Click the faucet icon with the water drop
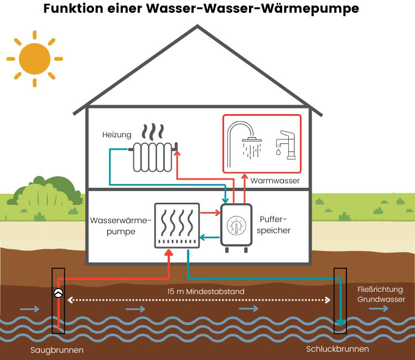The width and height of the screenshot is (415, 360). click(x=285, y=145)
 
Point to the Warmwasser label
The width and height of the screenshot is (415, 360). click(x=275, y=181)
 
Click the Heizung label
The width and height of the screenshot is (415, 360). click(x=117, y=135)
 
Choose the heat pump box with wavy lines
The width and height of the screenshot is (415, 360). click(x=175, y=225)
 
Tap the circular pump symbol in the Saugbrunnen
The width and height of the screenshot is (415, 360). click(x=58, y=294)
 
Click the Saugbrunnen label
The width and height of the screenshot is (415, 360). click(x=58, y=350)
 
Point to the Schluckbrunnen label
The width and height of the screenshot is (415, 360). click(x=338, y=349)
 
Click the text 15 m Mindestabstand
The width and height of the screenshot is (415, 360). click(x=206, y=291)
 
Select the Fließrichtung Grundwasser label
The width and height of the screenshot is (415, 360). click(x=380, y=294)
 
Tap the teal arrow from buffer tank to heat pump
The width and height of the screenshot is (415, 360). click(x=209, y=238)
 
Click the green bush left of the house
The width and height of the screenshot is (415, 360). click(x=47, y=193)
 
